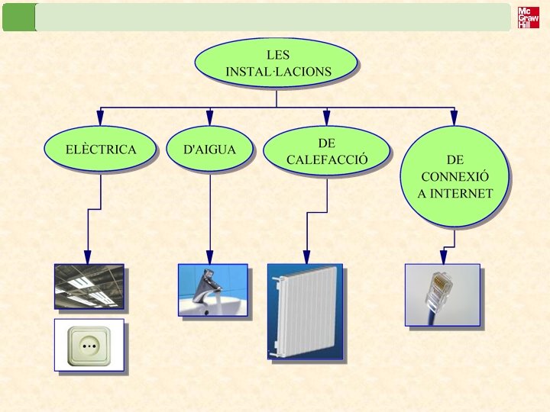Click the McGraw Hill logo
pyautogui.click(x=528, y=18)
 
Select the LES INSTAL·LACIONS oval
pyautogui.click(x=277, y=63)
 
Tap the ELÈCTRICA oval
pyautogui.click(x=101, y=150)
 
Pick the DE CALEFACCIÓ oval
pyautogui.click(x=327, y=151)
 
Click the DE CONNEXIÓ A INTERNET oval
pyautogui.click(x=455, y=176)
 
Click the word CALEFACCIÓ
pyautogui.click(x=327, y=160)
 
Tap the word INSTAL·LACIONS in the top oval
pyautogui.click(x=278, y=72)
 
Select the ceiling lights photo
pyautogui.click(x=89, y=286)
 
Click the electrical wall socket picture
pyautogui.click(x=89, y=345)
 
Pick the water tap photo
pyautogui.click(x=212, y=289)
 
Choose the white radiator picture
pyautogui.click(x=305, y=311)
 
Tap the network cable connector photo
pyautogui.click(x=442, y=295)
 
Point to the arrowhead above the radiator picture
pyautogui.click(x=306, y=257)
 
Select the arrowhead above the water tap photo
pyautogui.click(x=210, y=257)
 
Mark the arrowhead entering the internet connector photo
pyautogui.click(x=442, y=257)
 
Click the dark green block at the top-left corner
pyautogui.click(x=18, y=17)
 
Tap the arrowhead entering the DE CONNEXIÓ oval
pyautogui.click(x=454, y=118)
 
